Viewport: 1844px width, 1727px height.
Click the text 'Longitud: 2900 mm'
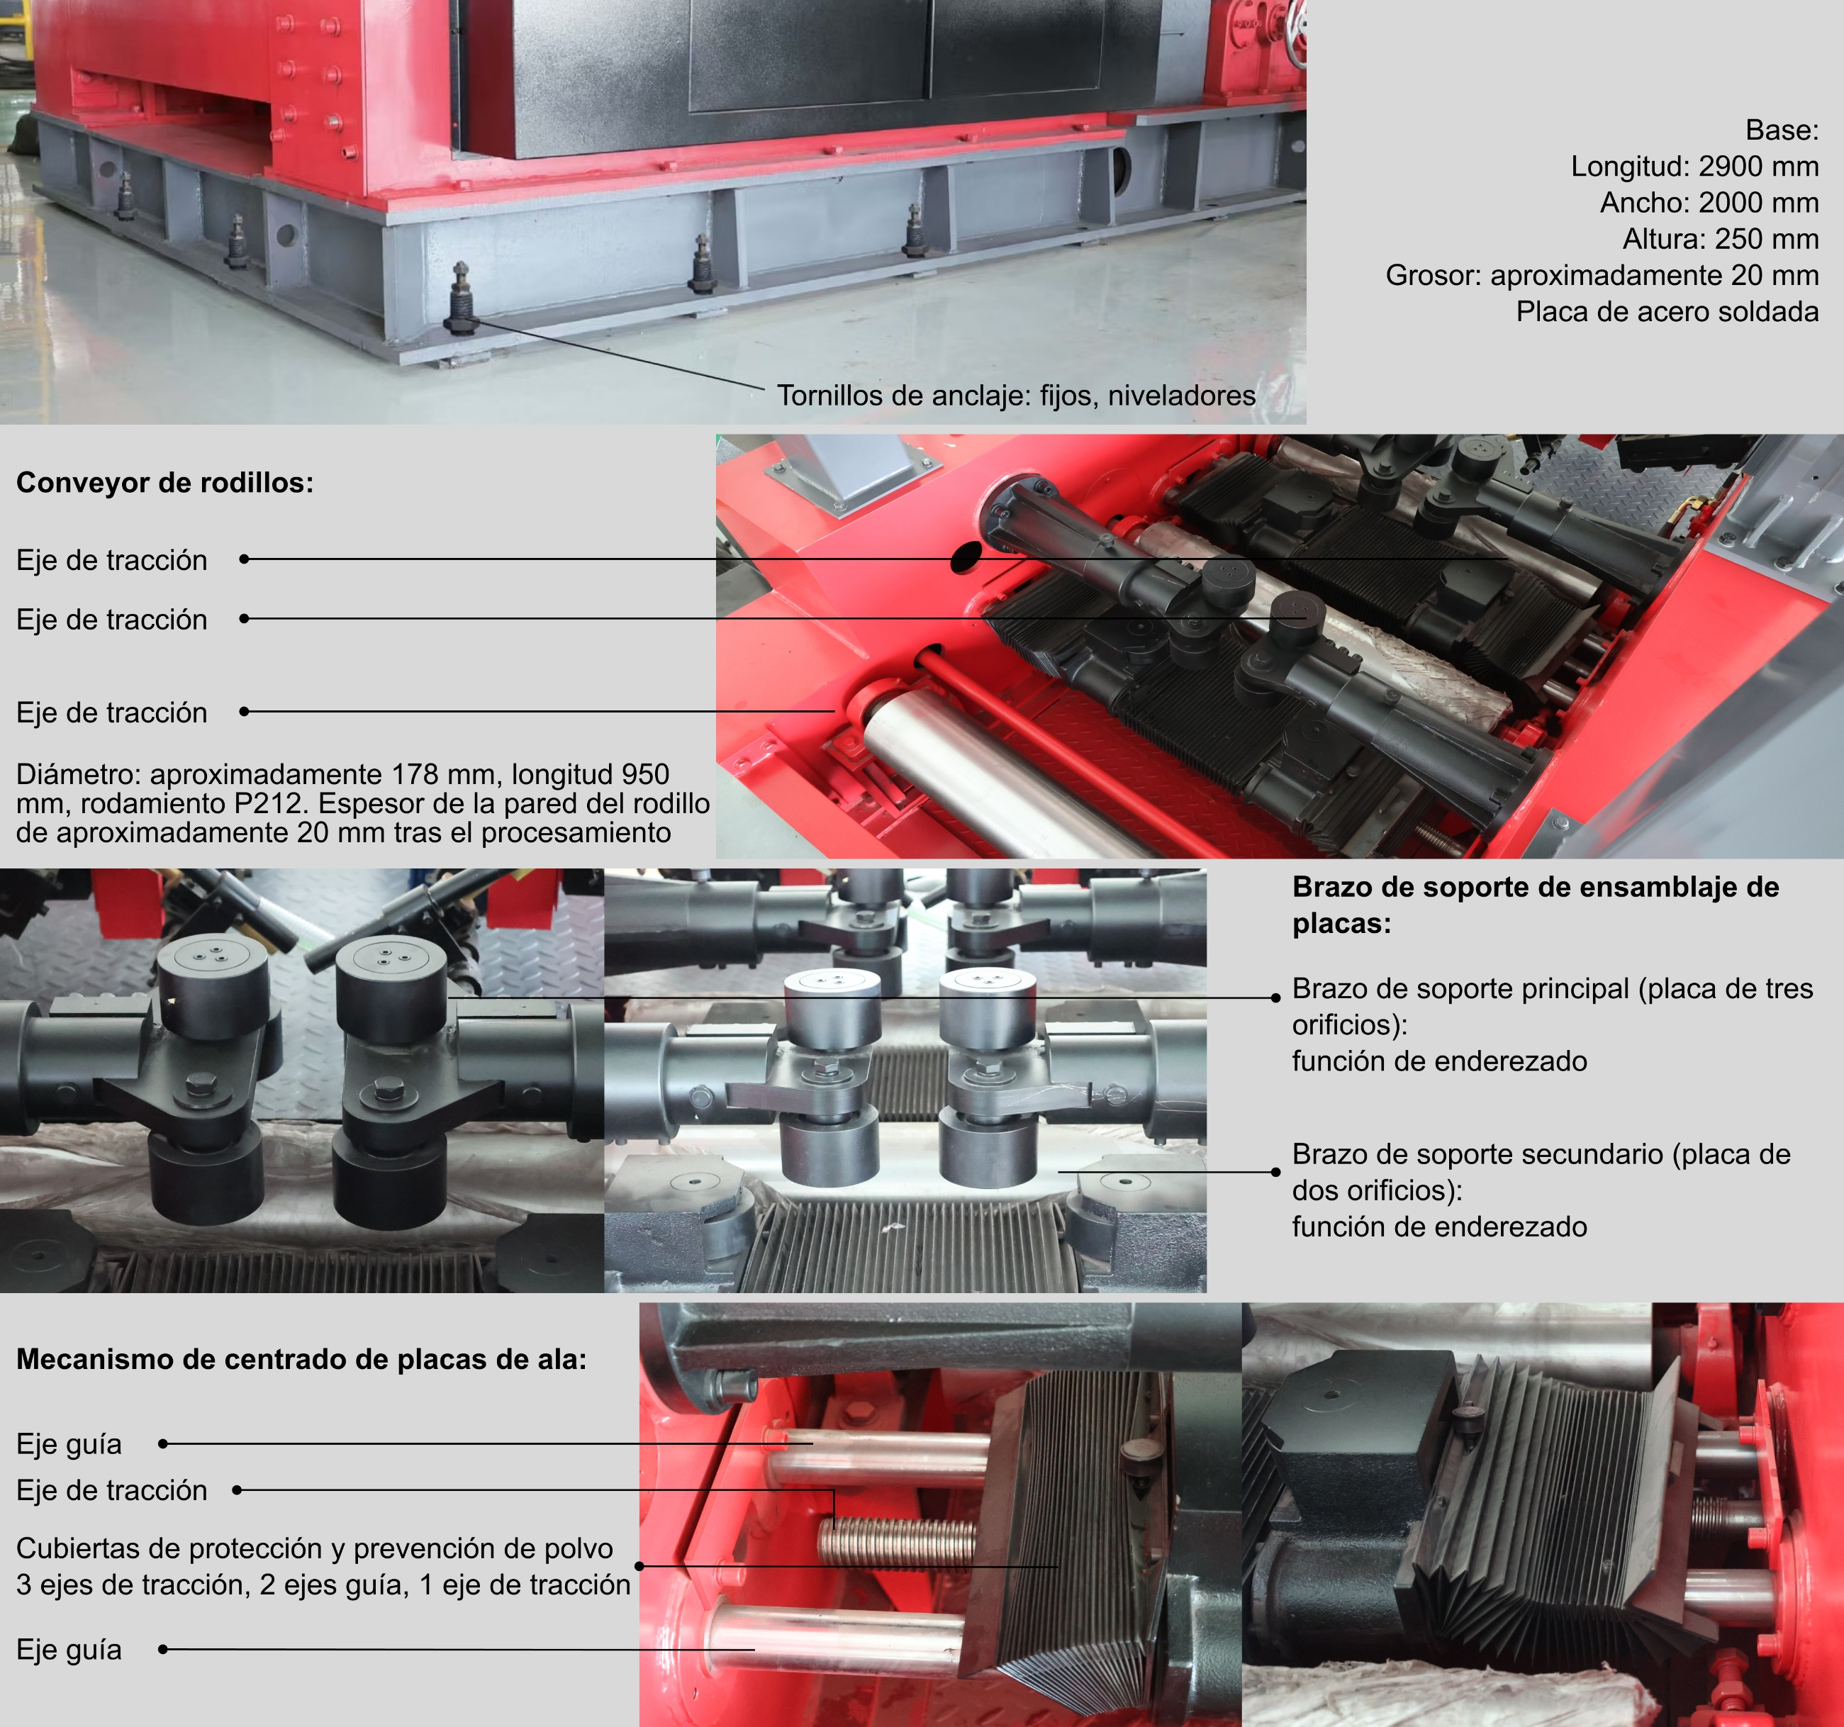[x=1694, y=166]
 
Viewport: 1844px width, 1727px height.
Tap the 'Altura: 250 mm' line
[x=1721, y=240]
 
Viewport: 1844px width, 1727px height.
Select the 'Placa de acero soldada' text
[x=1667, y=312]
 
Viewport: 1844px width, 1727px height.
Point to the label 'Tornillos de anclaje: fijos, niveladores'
[x=1017, y=396]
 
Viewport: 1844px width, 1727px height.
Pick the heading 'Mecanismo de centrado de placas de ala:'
[x=301, y=1359]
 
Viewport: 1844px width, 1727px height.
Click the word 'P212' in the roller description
[x=276, y=803]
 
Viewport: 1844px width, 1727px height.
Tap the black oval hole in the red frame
[x=966, y=557]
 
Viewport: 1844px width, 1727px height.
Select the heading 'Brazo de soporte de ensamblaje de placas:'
[x=1536, y=905]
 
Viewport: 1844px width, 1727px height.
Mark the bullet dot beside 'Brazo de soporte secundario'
[x=1276, y=1173]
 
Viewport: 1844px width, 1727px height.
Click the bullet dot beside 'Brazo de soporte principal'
[x=1276, y=997]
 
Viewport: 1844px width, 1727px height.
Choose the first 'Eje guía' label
[x=69, y=1444]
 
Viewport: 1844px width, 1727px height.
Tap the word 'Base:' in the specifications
[x=1782, y=130]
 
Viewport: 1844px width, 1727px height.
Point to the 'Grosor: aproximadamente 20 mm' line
[x=1602, y=276]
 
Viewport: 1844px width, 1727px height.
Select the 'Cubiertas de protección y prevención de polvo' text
[x=315, y=1548]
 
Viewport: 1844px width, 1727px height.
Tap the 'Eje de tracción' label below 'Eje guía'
[x=112, y=1490]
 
